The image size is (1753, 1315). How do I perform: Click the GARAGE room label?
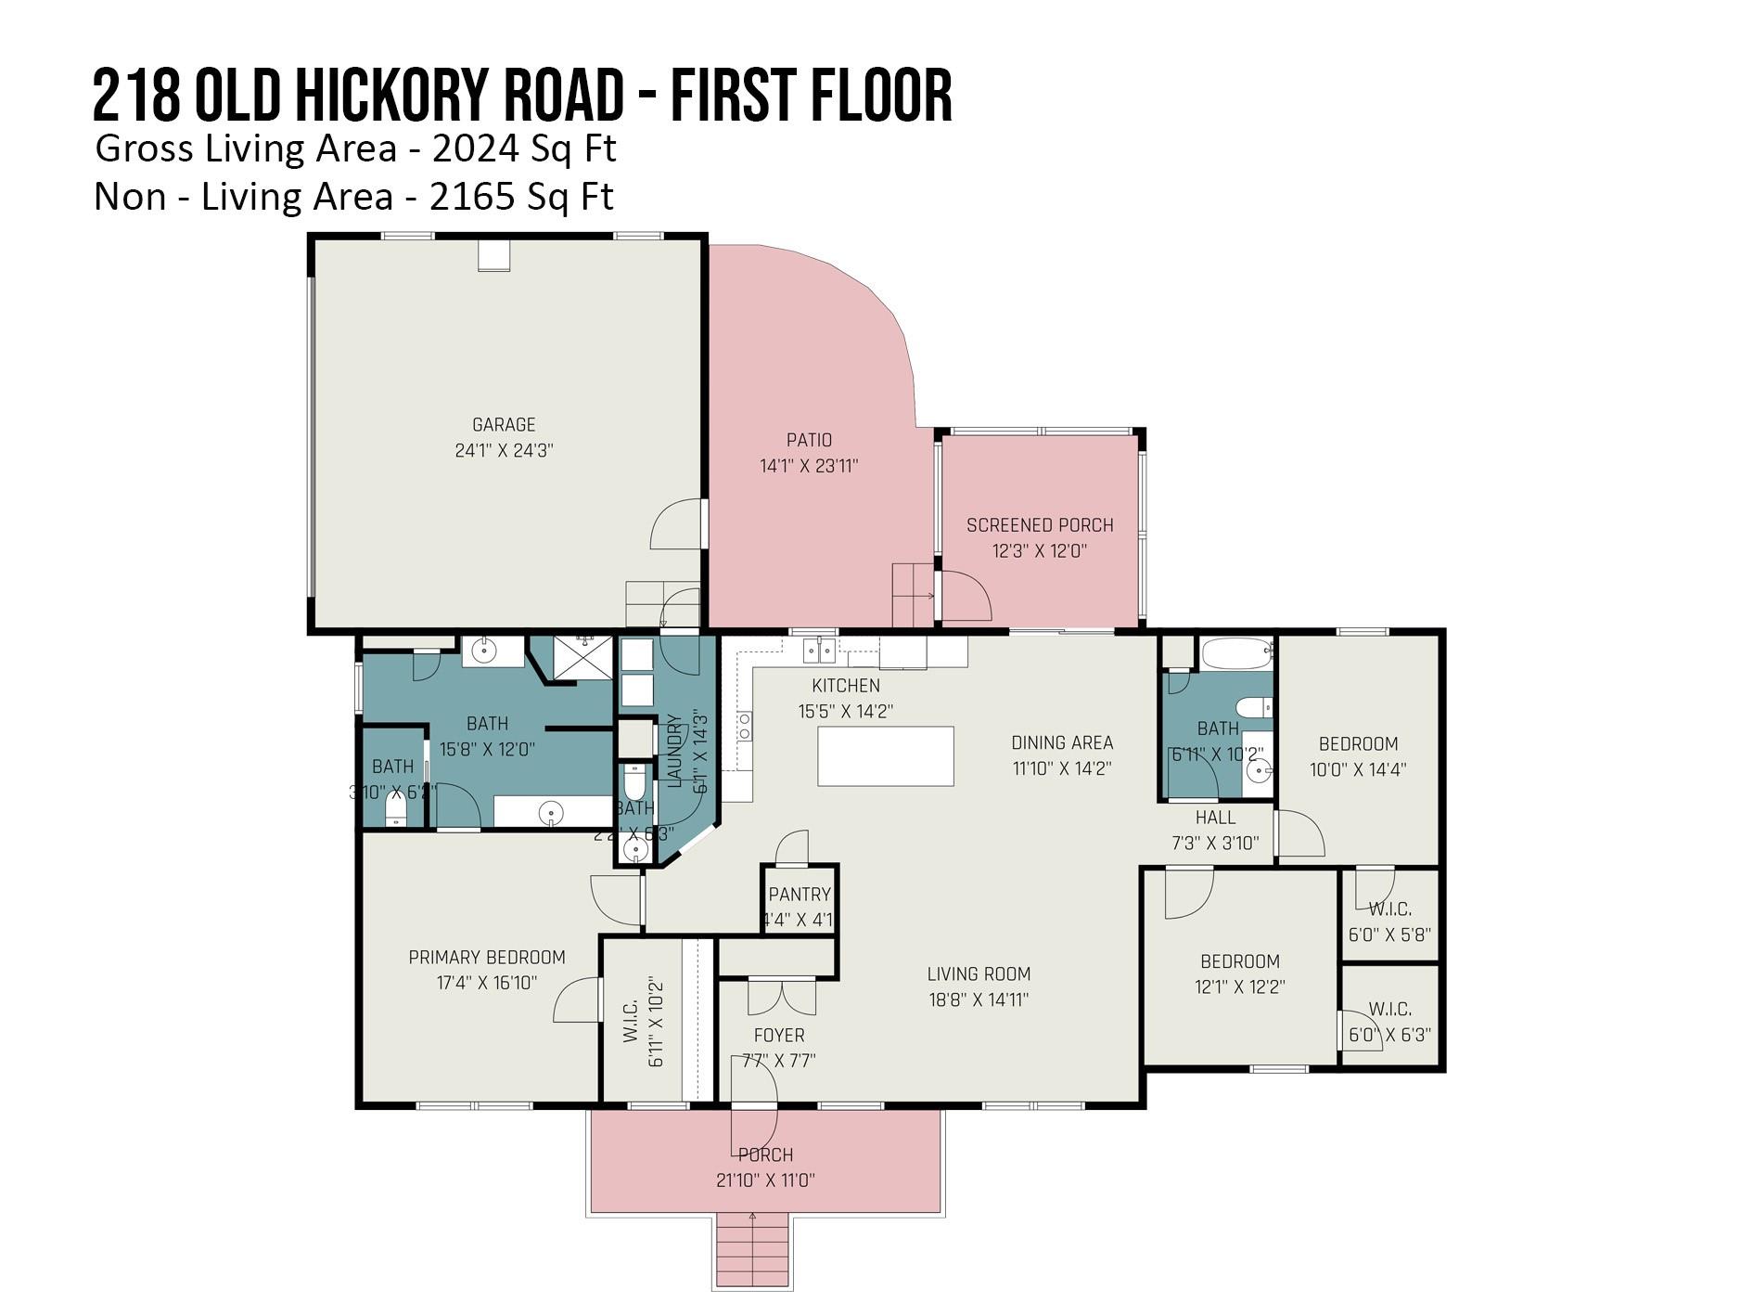pos(504,425)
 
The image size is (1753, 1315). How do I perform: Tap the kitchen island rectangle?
pos(885,756)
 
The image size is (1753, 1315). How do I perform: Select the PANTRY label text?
pos(800,895)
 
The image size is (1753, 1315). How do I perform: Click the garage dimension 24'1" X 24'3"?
pos(504,451)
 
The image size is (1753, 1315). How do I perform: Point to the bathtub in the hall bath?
pos(1235,653)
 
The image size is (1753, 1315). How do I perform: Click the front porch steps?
pos(752,1249)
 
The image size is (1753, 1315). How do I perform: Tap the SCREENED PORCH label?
pos(1040,525)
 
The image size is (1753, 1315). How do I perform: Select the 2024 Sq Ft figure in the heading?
pos(524,148)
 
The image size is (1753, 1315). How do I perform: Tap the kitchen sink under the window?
pos(819,651)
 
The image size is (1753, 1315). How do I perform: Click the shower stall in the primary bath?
pos(583,657)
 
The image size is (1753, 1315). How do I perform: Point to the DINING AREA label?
pos(1062,742)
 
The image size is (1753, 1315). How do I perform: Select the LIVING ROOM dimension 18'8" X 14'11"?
pos(979,999)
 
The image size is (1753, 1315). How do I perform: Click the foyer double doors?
pos(782,997)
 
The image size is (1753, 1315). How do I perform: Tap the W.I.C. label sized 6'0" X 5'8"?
pos(1389,909)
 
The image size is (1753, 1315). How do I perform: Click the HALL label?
pos(1215,818)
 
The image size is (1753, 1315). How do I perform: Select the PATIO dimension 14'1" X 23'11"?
pos(809,466)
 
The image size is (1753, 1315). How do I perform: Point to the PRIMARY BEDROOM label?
pos(487,957)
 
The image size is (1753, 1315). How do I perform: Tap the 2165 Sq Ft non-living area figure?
pos(521,197)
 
